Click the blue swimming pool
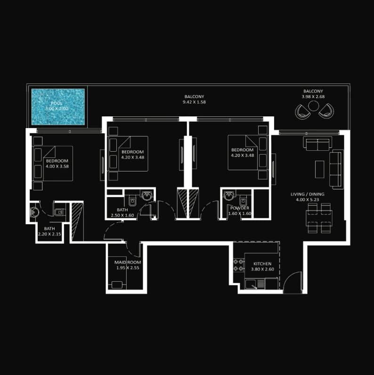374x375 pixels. point(58,106)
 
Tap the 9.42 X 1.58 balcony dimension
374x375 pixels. point(194,102)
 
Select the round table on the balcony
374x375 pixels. point(313,106)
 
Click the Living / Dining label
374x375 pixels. point(307,194)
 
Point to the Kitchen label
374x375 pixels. point(262,264)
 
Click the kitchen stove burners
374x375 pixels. point(239,265)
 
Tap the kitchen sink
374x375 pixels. point(251,285)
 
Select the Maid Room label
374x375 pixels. point(128,262)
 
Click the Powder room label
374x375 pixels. point(240,208)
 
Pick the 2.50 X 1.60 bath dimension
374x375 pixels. point(122,215)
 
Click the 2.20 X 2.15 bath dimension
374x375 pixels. point(49,234)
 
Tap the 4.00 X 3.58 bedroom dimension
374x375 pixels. point(57,166)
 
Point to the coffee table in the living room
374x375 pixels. point(319,169)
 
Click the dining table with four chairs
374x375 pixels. point(319,218)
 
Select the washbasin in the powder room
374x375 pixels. point(229,196)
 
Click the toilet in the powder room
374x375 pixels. point(243,201)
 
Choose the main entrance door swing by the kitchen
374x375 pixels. point(292,282)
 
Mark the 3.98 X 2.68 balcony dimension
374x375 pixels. point(313,97)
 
